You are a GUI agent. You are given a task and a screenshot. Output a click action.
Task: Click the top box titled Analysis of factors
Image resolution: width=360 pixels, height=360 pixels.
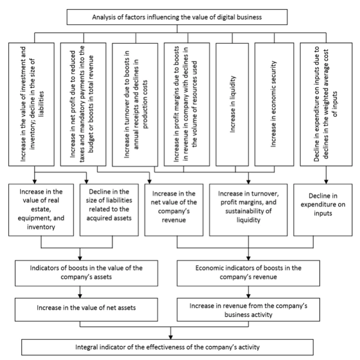pyautogui.click(x=177, y=17)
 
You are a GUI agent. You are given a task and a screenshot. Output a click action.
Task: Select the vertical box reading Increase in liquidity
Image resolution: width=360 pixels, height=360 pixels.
pyautogui.click(x=232, y=104)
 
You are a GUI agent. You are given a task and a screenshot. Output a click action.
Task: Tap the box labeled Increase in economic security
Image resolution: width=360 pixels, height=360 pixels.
pyautogui.click(x=274, y=104)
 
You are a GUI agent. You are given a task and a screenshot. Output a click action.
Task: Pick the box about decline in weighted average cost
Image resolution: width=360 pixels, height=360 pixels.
pyautogui.click(x=326, y=104)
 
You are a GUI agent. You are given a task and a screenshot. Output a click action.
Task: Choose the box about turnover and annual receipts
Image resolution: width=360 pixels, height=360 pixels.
pyautogui.click(x=135, y=105)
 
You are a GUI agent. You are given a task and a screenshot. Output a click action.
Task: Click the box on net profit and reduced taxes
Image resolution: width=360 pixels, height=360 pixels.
pyautogui.click(x=83, y=104)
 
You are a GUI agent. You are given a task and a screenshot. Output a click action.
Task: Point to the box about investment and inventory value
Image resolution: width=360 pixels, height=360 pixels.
pyautogui.click(x=31, y=104)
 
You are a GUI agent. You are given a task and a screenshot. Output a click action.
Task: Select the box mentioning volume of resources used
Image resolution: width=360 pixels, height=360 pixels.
pyautogui.click(x=187, y=104)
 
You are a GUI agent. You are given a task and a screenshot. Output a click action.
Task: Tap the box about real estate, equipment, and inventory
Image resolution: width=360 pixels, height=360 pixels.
pyautogui.click(x=41, y=210)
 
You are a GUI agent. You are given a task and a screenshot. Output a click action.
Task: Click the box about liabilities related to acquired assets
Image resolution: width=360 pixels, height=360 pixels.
pyautogui.click(x=109, y=210)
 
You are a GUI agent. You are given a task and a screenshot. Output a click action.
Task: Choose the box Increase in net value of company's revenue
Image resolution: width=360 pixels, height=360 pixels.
pyautogui.click(x=174, y=210)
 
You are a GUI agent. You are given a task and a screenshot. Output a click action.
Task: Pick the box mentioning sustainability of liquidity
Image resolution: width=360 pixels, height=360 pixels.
pyautogui.click(x=248, y=210)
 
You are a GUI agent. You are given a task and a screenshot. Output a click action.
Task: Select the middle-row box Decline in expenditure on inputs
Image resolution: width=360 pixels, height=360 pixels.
pyautogui.click(x=323, y=210)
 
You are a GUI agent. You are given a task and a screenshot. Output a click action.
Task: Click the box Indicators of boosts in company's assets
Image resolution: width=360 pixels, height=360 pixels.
pyautogui.click(x=87, y=273)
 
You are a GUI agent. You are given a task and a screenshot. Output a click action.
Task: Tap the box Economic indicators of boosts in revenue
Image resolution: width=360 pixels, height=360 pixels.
pyautogui.click(x=248, y=273)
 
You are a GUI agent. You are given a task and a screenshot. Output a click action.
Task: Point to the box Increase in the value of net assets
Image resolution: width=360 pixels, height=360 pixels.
pyautogui.click(x=87, y=310)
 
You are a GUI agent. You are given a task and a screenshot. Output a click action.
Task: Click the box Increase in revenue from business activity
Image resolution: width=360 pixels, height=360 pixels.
pyautogui.click(x=248, y=310)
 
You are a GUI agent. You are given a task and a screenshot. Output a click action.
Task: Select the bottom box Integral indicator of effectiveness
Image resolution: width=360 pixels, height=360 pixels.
pyautogui.click(x=167, y=347)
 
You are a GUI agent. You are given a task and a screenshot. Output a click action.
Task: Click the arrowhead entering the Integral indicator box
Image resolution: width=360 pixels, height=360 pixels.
pyautogui.click(x=170, y=337)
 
